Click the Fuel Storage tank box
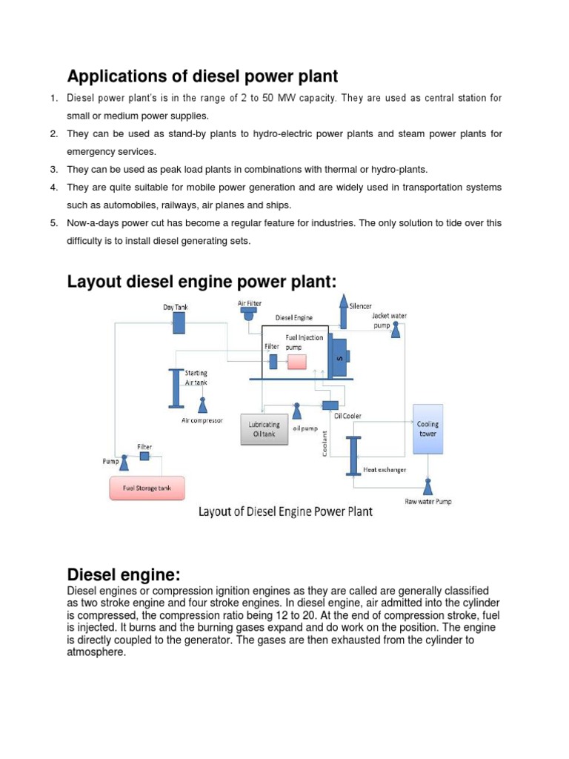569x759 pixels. [x=147, y=489]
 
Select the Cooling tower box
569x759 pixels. [x=427, y=429]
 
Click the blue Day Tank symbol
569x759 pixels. [x=179, y=322]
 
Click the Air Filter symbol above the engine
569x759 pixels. [x=247, y=314]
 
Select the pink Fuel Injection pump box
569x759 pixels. [x=297, y=362]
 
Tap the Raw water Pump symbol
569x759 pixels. [x=427, y=486]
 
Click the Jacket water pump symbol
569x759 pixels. [x=396, y=328]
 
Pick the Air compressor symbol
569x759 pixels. [x=202, y=405]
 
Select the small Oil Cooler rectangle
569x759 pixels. [x=330, y=405]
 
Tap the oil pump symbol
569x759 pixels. [x=296, y=411]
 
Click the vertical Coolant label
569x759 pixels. [x=324, y=445]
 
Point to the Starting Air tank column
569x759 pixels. [x=176, y=387]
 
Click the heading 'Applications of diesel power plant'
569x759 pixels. [x=202, y=76]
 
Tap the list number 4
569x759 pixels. [x=54, y=188]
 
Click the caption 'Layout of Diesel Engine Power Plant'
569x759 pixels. [x=285, y=511]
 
